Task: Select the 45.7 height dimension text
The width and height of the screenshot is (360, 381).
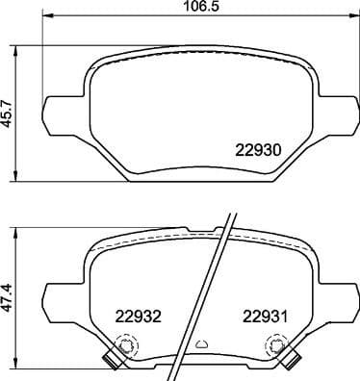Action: pos(10,113)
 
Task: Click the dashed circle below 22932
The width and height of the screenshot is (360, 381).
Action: pos(123,345)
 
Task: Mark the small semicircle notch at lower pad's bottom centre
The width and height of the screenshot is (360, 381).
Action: pos(201,345)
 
